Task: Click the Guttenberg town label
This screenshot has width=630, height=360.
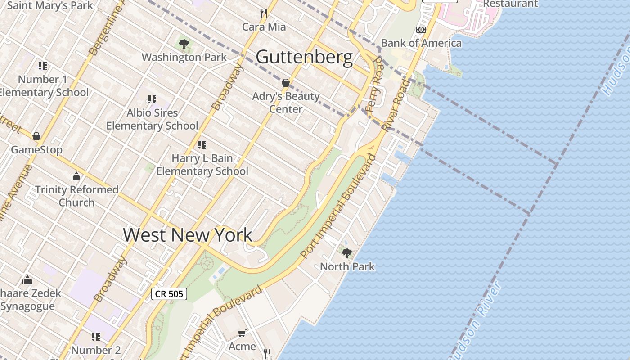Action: click(x=304, y=57)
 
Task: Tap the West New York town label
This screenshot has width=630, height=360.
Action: click(x=187, y=235)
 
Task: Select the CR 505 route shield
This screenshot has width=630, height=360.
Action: click(x=169, y=294)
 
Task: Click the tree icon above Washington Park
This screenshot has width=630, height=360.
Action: click(x=184, y=44)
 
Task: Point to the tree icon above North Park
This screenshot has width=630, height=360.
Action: click(x=346, y=253)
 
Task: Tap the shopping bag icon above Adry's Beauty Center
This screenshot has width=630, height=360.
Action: click(x=285, y=83)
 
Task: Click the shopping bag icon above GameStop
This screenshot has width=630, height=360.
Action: click(x=36, y=136)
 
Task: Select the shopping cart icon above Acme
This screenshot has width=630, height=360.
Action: click(x=242, y=333)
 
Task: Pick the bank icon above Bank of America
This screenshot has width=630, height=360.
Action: click(x=421, y=30)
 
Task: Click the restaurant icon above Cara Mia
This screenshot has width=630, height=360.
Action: click(x=264, y=13)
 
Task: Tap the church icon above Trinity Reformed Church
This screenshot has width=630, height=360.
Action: click(x=76, y=176)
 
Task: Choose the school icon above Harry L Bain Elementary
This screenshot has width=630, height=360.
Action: click(x=202, y=145)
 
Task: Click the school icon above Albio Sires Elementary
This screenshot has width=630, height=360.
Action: click(x=152, y=99)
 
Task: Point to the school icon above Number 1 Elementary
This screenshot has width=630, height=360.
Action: click(x=43, y=66)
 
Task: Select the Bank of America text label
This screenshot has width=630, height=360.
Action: click(x=421, y=43)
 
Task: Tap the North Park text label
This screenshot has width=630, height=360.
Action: click(x=347, y=266)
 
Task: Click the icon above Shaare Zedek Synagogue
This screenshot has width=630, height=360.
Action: click(x=27, y=280)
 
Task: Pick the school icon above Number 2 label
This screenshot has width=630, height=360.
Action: click(x=96, y=337)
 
